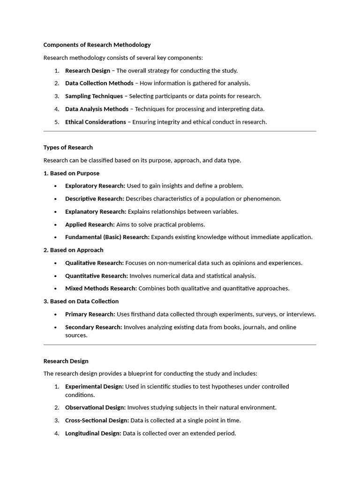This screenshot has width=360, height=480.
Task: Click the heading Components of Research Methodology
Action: (x=97, y=45)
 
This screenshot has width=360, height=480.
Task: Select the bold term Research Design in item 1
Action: (x=87, y=71)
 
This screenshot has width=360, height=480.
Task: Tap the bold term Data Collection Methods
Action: (x=99, y=83)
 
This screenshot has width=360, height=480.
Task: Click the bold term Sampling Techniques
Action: (x=94, y=96)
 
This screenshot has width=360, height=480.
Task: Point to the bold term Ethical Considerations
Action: (x=95, y=122)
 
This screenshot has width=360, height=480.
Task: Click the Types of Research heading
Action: (x=68, y=147)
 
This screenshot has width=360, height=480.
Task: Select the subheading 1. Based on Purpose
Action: (x=71, y=173)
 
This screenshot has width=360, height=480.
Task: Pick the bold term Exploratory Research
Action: (x=95, y=186)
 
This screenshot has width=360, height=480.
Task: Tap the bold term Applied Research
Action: (x=90, y=225)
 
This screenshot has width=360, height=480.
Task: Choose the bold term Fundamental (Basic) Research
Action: (x=107, y=237)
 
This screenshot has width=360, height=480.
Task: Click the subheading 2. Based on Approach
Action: (x=73, y=250)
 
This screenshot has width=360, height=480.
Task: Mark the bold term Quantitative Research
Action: (x=96, y=276)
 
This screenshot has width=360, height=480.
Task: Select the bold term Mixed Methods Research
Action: (x=101, y=288)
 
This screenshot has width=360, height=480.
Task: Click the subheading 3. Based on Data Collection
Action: (x=81, y=301)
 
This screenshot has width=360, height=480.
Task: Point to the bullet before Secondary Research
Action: (x=56, y=327)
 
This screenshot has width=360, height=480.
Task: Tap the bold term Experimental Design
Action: (x=94, y=387)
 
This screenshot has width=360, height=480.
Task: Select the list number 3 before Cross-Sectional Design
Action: (x=56, y=420)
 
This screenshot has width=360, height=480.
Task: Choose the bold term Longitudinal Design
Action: (x=93, y=433)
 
